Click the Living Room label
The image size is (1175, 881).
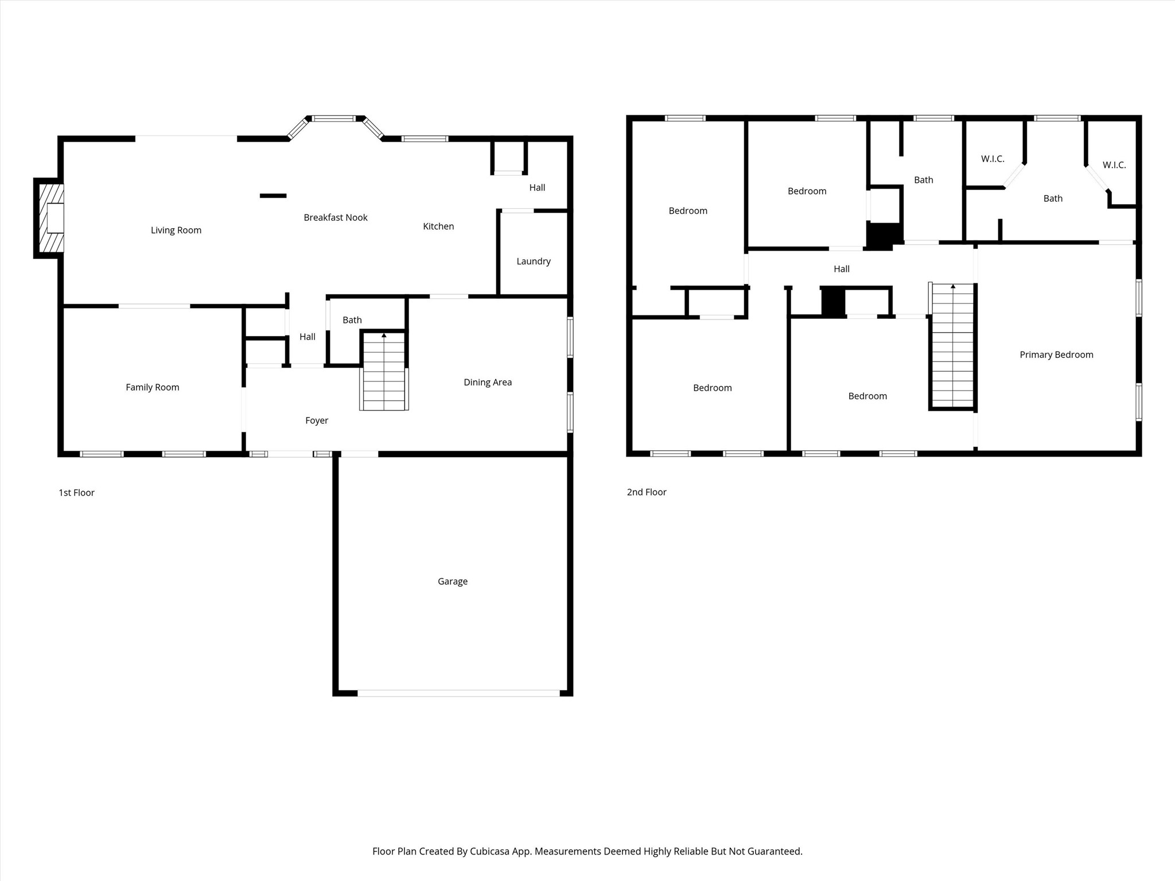[176, 230]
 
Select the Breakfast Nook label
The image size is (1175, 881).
[336, 217]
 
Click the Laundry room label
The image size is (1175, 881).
[534, 261]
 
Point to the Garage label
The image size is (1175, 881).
[453, 581]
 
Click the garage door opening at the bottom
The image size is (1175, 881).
[458, 693]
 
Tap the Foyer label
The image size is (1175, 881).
[317, 420]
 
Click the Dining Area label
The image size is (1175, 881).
[488, 382]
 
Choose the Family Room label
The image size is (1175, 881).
[153, 387]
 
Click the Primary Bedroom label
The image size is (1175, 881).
[1056, 354]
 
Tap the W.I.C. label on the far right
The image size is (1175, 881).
[1114, 165]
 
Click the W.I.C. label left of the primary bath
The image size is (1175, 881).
[993, 159]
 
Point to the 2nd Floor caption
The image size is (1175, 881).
[647, 492]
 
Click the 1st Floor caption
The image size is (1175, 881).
[76, 493]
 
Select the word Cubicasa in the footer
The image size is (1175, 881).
[491, 851]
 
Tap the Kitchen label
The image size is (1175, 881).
[438, 227]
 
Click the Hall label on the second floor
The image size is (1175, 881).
[842, 268]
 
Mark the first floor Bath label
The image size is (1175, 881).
[352, 320]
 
